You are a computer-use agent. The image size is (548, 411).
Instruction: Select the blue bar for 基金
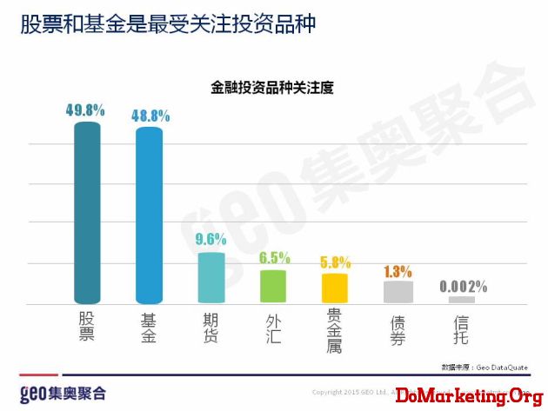[149, 215]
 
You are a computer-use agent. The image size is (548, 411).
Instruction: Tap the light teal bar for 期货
[211, 276]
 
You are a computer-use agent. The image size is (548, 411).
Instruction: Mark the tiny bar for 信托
[462, 300]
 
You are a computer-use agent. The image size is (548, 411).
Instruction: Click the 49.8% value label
[85, 110]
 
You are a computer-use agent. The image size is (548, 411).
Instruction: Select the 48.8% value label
[150, 115]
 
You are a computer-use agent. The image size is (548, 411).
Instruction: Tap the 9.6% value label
[211, 239]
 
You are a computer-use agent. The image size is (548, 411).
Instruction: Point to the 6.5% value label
[274, 257]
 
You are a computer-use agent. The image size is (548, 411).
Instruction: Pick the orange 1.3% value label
[398, 270]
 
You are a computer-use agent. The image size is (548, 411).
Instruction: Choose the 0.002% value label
[463, 286]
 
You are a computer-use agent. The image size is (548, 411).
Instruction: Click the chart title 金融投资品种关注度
[272, 87]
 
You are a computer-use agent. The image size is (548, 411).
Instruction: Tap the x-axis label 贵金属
[335, 328]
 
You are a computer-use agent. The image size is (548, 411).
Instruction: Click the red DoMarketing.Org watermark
[463, 396]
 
